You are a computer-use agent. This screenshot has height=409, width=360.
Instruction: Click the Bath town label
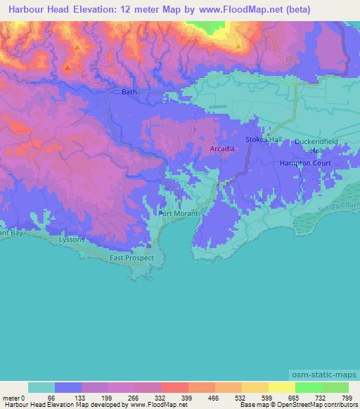pyautogui.click(x=129, y=92)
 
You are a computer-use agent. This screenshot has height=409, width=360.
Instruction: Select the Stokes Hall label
pyautogui.click(x=263, y=140)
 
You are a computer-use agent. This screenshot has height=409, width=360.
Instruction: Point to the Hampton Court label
pyautogui.click(x=305, y=162)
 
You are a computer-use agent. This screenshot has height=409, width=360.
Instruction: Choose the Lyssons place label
pyautogui.click(x=72, y=240)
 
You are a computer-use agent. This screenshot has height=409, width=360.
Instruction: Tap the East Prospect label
pyautogui.click(x=131, y=258)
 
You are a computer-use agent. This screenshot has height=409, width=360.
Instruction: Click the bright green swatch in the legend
pyautogui.click(x=308, y=387)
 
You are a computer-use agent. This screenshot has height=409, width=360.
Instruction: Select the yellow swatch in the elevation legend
pyautogui.click(x=281, y=387)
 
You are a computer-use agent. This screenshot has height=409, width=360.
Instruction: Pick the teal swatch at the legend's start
pyautogui.click(x=41, y=387)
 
